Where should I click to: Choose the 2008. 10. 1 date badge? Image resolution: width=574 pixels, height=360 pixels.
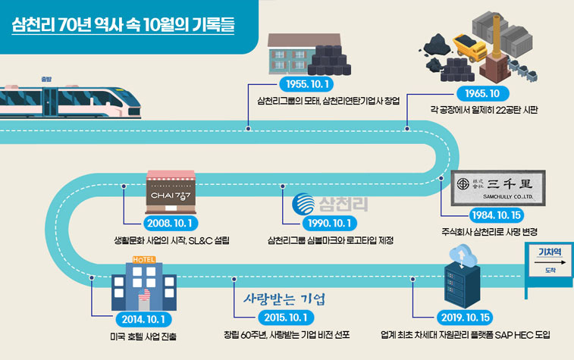pos(171,225)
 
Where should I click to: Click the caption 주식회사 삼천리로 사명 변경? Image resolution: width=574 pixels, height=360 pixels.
pos(494,232)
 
